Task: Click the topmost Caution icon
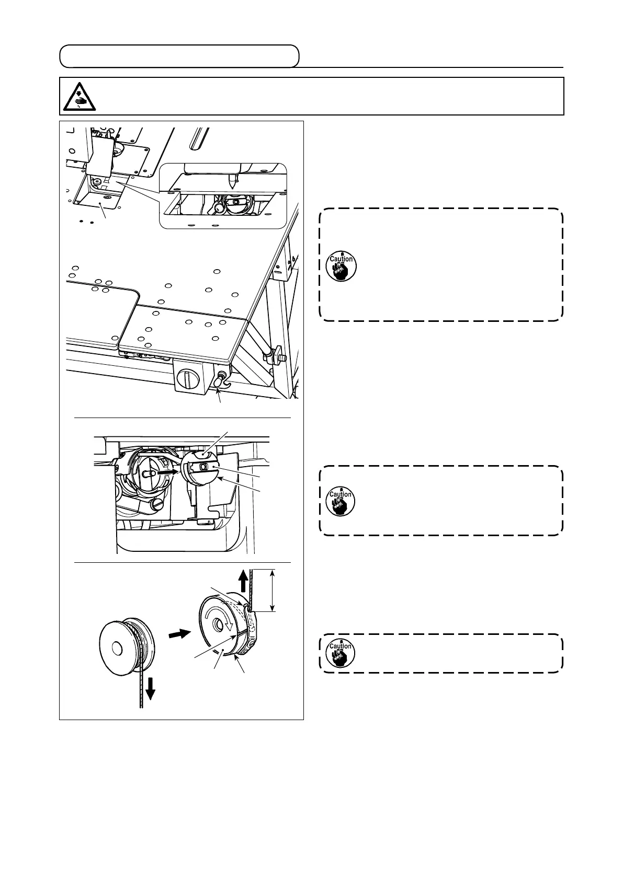(341, 267)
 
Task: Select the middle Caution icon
(341, 501)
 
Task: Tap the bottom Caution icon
(341, 653)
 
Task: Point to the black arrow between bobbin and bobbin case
(177, 634)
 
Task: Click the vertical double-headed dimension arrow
(272, 591)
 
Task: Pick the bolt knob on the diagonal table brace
(273, 357)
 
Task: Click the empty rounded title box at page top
(179, 56)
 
